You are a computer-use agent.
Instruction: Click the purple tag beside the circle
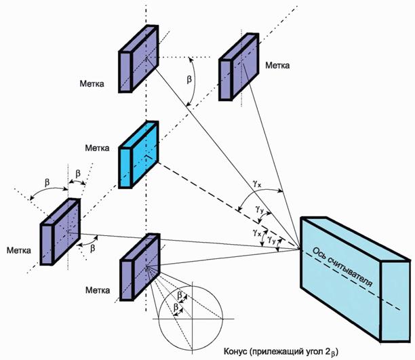139,267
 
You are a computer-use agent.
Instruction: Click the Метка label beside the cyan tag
96,147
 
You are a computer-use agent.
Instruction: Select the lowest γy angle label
271,239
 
